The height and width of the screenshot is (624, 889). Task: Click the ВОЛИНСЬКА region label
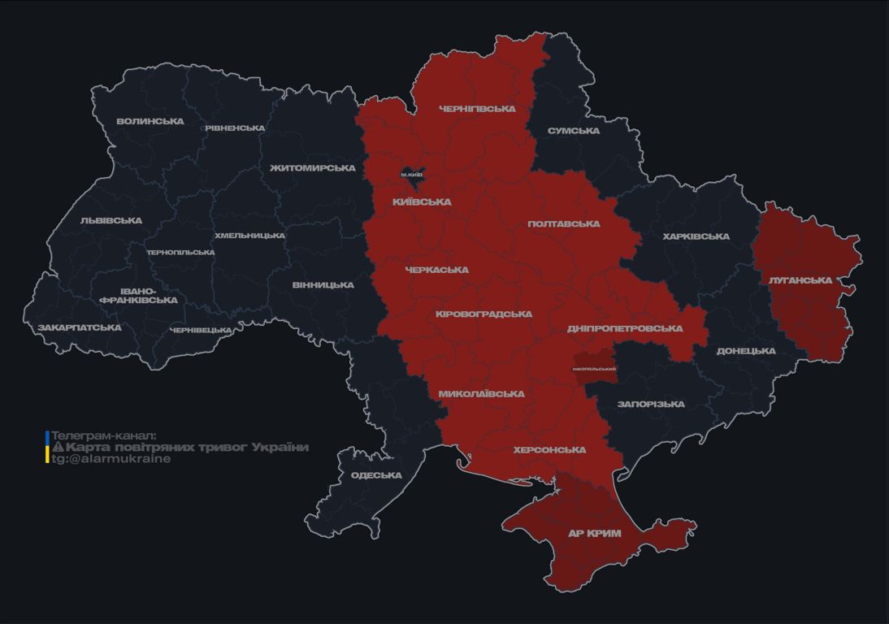[150, 122]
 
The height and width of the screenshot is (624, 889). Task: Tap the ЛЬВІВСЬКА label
[111, 221]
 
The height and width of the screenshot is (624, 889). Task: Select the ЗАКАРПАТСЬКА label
[80, 328]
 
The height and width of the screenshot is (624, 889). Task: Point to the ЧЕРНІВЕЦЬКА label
[201, 331]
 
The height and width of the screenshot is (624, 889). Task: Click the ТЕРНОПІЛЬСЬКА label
[180, 253]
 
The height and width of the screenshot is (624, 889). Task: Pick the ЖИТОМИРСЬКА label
[313, 168]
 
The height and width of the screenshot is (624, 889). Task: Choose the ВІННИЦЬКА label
[323, 285]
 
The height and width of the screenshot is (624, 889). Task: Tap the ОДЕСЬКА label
[376, 475]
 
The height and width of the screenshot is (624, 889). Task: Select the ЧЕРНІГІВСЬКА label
[477, 109]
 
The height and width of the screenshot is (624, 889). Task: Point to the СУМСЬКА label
[574, 131]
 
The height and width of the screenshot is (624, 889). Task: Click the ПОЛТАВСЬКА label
[564, 224]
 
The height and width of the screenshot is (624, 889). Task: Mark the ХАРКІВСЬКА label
[696, 237]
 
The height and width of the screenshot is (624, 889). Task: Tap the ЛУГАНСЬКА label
[800, 280]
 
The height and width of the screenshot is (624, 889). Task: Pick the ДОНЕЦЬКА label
[746, 352]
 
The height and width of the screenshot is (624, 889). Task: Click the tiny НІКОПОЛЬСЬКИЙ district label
[594, 369]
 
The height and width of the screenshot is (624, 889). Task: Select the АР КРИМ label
[595, 534]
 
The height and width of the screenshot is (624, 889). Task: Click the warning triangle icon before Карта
[58, 447]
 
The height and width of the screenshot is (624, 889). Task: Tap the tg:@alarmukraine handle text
[111, 459]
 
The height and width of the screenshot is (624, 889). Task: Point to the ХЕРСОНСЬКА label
[549, 450]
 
